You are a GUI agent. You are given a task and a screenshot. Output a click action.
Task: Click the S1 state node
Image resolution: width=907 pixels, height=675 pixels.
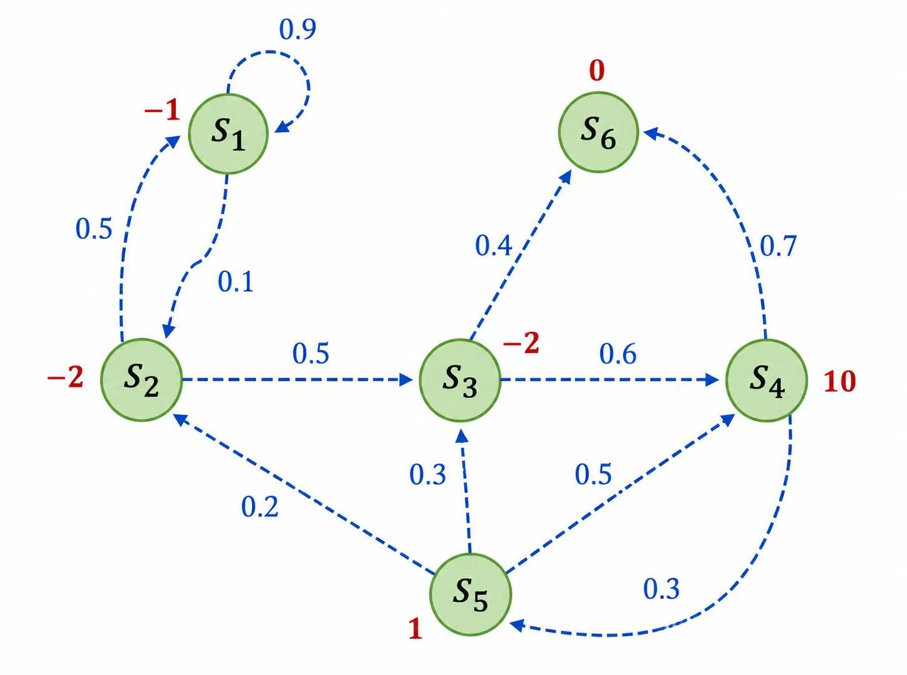tap(228, 134)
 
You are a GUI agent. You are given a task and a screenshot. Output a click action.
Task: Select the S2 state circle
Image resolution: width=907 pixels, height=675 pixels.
tap(142, 380)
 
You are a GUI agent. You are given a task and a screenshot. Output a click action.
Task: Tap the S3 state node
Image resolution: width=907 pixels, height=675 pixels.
tap(460, 380)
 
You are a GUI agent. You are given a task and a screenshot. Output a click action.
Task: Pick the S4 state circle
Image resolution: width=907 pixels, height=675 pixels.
tap(766, 381)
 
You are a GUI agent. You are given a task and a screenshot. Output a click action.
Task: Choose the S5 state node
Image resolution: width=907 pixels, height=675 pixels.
tap(470, 595)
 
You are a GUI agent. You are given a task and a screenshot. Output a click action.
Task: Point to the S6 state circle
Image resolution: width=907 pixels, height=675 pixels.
tap(598, 132)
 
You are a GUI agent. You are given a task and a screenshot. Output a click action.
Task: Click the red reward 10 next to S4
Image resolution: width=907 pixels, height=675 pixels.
tap(840, 382)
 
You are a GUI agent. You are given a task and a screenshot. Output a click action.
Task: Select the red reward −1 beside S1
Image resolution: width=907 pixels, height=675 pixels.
tap(162, 110)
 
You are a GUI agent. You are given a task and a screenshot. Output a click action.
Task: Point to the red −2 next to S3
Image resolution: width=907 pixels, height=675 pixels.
tap(521, 342)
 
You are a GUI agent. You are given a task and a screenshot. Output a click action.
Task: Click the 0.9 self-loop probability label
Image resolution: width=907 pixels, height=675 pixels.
tap(298, 29)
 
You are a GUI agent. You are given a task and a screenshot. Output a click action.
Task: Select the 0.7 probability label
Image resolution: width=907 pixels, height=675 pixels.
tap(778, 246)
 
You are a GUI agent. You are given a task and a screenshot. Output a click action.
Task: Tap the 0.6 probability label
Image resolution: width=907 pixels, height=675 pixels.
tap(618, 354)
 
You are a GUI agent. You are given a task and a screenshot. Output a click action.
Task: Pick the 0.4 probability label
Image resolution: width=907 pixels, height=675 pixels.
tap(493, 246)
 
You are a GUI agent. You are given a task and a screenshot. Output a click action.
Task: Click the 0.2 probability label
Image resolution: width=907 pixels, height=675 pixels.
tap(259, 507)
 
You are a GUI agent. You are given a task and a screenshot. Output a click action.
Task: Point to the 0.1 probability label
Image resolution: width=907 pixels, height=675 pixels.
tap(236, 282)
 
